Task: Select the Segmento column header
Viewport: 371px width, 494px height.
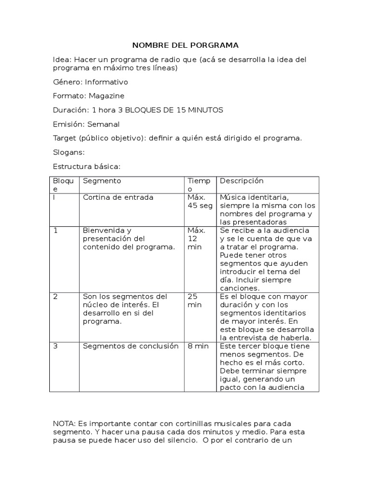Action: pos(102,181)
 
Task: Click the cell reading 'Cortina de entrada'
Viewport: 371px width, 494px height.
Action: pos(118,197)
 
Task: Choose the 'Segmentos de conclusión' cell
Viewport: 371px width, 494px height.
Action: pos(130,346)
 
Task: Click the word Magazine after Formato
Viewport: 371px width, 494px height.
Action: pos(106,96)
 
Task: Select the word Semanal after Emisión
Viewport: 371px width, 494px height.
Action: pos(103,124)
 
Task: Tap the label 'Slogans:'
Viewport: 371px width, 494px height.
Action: pos(69,152)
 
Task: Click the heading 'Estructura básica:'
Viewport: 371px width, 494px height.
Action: pos(86,166)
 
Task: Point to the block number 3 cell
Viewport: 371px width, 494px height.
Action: pos(56,346)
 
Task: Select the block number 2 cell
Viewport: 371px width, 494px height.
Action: pos(56,296)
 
